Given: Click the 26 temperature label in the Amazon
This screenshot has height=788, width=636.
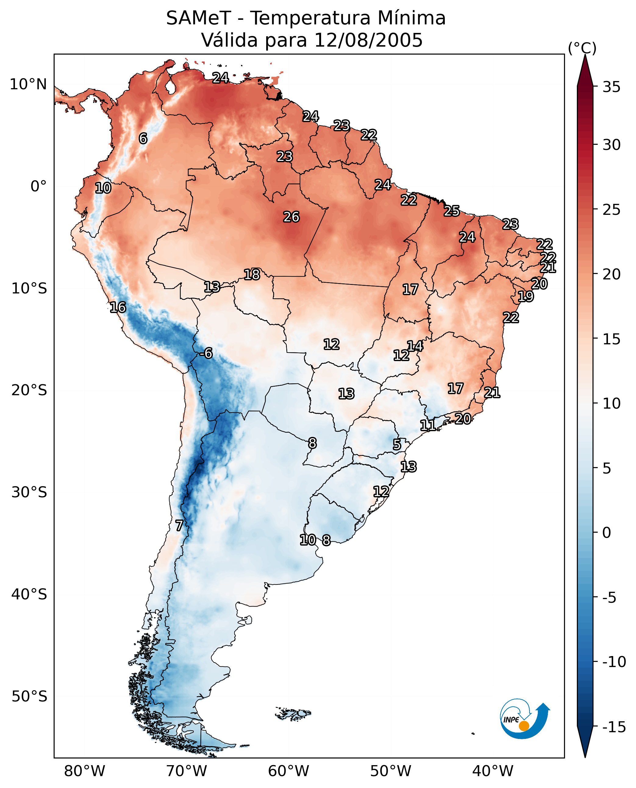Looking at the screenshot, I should [x=291, y=217].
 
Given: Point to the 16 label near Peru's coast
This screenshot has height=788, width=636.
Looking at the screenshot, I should [x=118, y=307].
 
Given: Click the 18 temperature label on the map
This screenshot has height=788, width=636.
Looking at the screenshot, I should [x=252, y=275].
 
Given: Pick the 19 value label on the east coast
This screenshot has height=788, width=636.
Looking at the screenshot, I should [x=525, y=296].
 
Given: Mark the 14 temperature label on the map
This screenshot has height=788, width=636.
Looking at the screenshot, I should [x=415, y=346].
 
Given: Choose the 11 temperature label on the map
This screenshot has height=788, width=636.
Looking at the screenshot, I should [x=427, y=425].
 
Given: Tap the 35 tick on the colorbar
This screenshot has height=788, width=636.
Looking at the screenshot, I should [x=611, y=87].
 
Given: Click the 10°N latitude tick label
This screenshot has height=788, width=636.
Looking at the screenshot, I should [x=28, y=85].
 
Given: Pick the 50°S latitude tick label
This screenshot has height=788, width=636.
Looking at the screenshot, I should [x=29, y=697].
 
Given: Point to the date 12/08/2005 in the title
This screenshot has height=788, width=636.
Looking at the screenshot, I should [x=368, y=40].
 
